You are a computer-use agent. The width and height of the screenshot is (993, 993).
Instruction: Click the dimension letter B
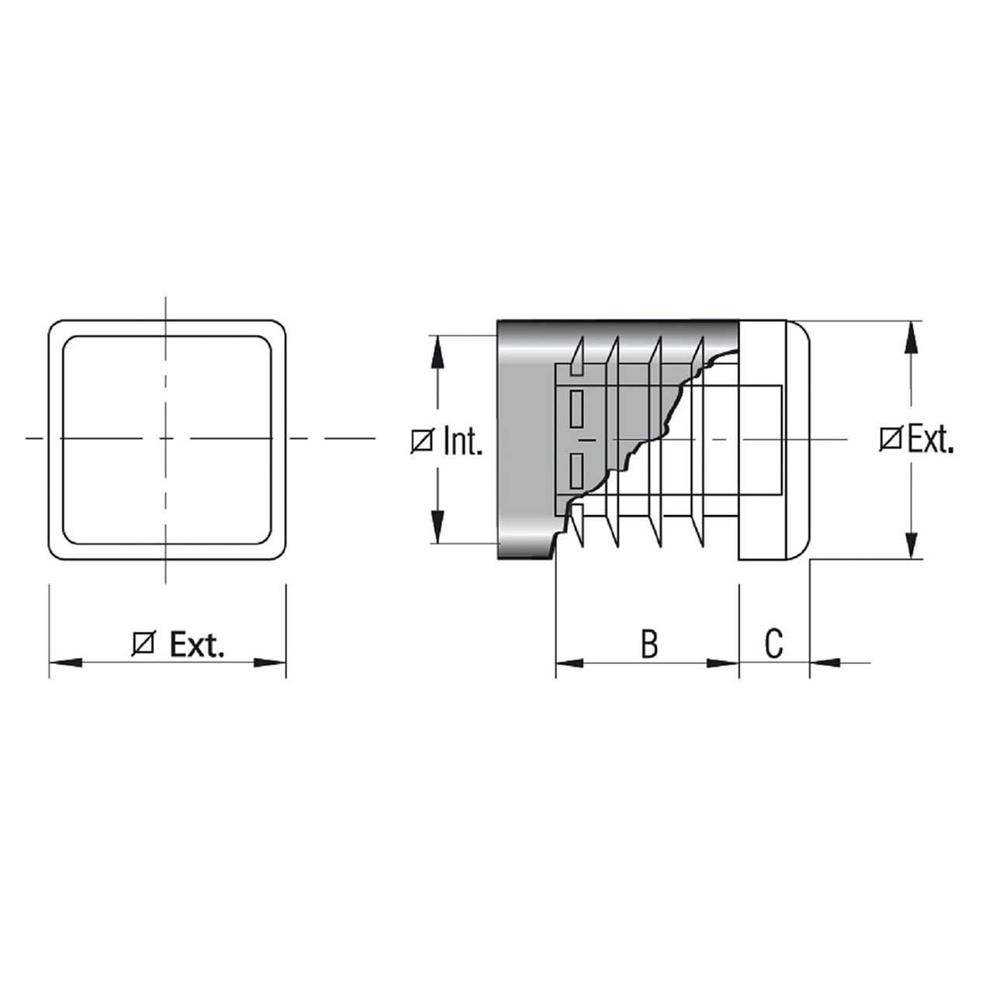point(649,642)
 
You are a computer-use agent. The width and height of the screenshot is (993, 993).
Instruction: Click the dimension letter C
point(773,642)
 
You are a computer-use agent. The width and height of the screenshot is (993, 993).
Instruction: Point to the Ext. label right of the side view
point(931,440)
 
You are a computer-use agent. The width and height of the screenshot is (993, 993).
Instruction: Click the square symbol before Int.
point(422,442)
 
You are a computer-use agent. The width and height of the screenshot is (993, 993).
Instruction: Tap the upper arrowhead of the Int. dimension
point(438,352)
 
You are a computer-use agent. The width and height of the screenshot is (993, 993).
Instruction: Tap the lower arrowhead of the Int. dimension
point(438,527)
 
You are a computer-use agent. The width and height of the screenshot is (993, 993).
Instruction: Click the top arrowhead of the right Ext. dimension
point(912,337)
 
